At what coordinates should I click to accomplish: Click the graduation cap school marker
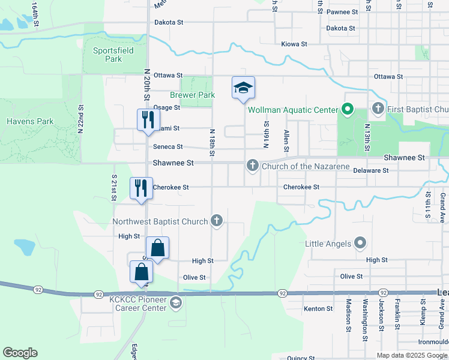[x=243, y=89]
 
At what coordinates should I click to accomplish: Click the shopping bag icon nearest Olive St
[x=140, y=271]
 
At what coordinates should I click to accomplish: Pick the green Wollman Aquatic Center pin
[x=347, y=110]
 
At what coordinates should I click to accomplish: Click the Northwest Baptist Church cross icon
[x=217, y=221]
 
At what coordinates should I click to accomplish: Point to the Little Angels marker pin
[x=360, y=243]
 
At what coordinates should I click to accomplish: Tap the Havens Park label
[x=30, y=121]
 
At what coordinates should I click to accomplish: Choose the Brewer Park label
[x=192, y=95]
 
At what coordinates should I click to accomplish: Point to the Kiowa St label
[x=294, y=44]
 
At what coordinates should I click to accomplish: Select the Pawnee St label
[x=342, y=11]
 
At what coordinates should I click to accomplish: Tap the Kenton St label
[x=318, y=308]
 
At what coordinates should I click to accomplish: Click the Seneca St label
[x=167, y=146]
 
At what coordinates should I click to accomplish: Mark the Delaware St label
[x=371, y=170]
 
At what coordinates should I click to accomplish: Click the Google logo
[x=20, y=353]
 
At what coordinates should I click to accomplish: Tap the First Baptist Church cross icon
[x=378, y=109]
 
